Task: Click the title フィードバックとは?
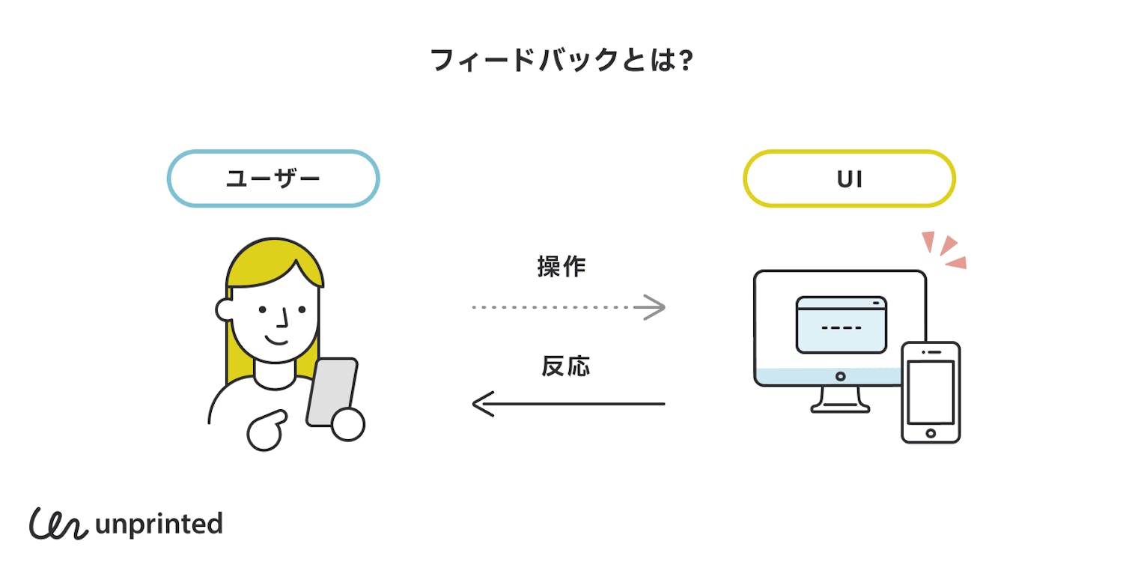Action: [561, 61]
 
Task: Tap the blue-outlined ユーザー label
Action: [273, 178]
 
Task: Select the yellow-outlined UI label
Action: [849, 178]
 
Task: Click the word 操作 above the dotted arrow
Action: [561, 267]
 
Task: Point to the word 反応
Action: [566, 366]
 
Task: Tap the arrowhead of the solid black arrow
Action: [484, 404]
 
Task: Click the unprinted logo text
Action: [159, 523]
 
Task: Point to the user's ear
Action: [224, 309]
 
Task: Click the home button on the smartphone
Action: [931, 433]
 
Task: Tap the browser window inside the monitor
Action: [841, 324]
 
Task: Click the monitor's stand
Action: [840, 400]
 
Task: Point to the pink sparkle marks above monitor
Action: [946, 250]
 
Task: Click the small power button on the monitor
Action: [840, 376]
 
